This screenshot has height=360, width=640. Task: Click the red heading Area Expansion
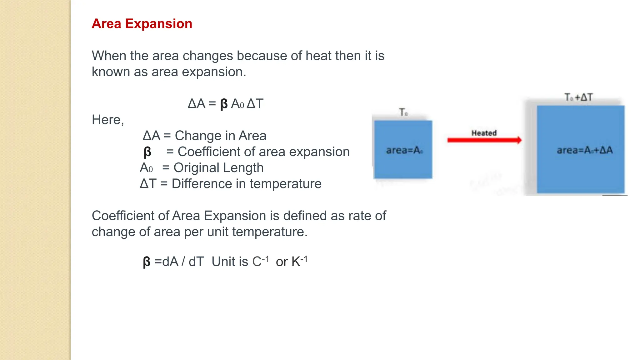pyautogui.click(x=142, y=24)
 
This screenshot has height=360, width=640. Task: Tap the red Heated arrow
pyautogui.click(x=484, y=140)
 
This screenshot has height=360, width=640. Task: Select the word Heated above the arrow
pyautogui.click(x=484, y=133)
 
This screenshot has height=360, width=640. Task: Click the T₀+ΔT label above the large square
pyautogui.click(x=578, y=97)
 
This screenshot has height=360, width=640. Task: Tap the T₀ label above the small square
pyautogui.click(x=403, y=112)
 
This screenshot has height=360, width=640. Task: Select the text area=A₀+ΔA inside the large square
pyautogui.click(x=584, y=150)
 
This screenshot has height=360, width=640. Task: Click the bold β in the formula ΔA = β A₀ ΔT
pyautogui.click(x=224, y=104)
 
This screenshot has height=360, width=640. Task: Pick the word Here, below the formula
pyautogui.click(x=108, y=120)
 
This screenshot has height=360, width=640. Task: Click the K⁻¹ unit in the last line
pyautogui.click(x=299, y=261)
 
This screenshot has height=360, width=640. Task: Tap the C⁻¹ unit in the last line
pyautogui.click(x=260, y=261)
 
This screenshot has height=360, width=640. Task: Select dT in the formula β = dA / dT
pyautogui.click(x=196, y=262)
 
